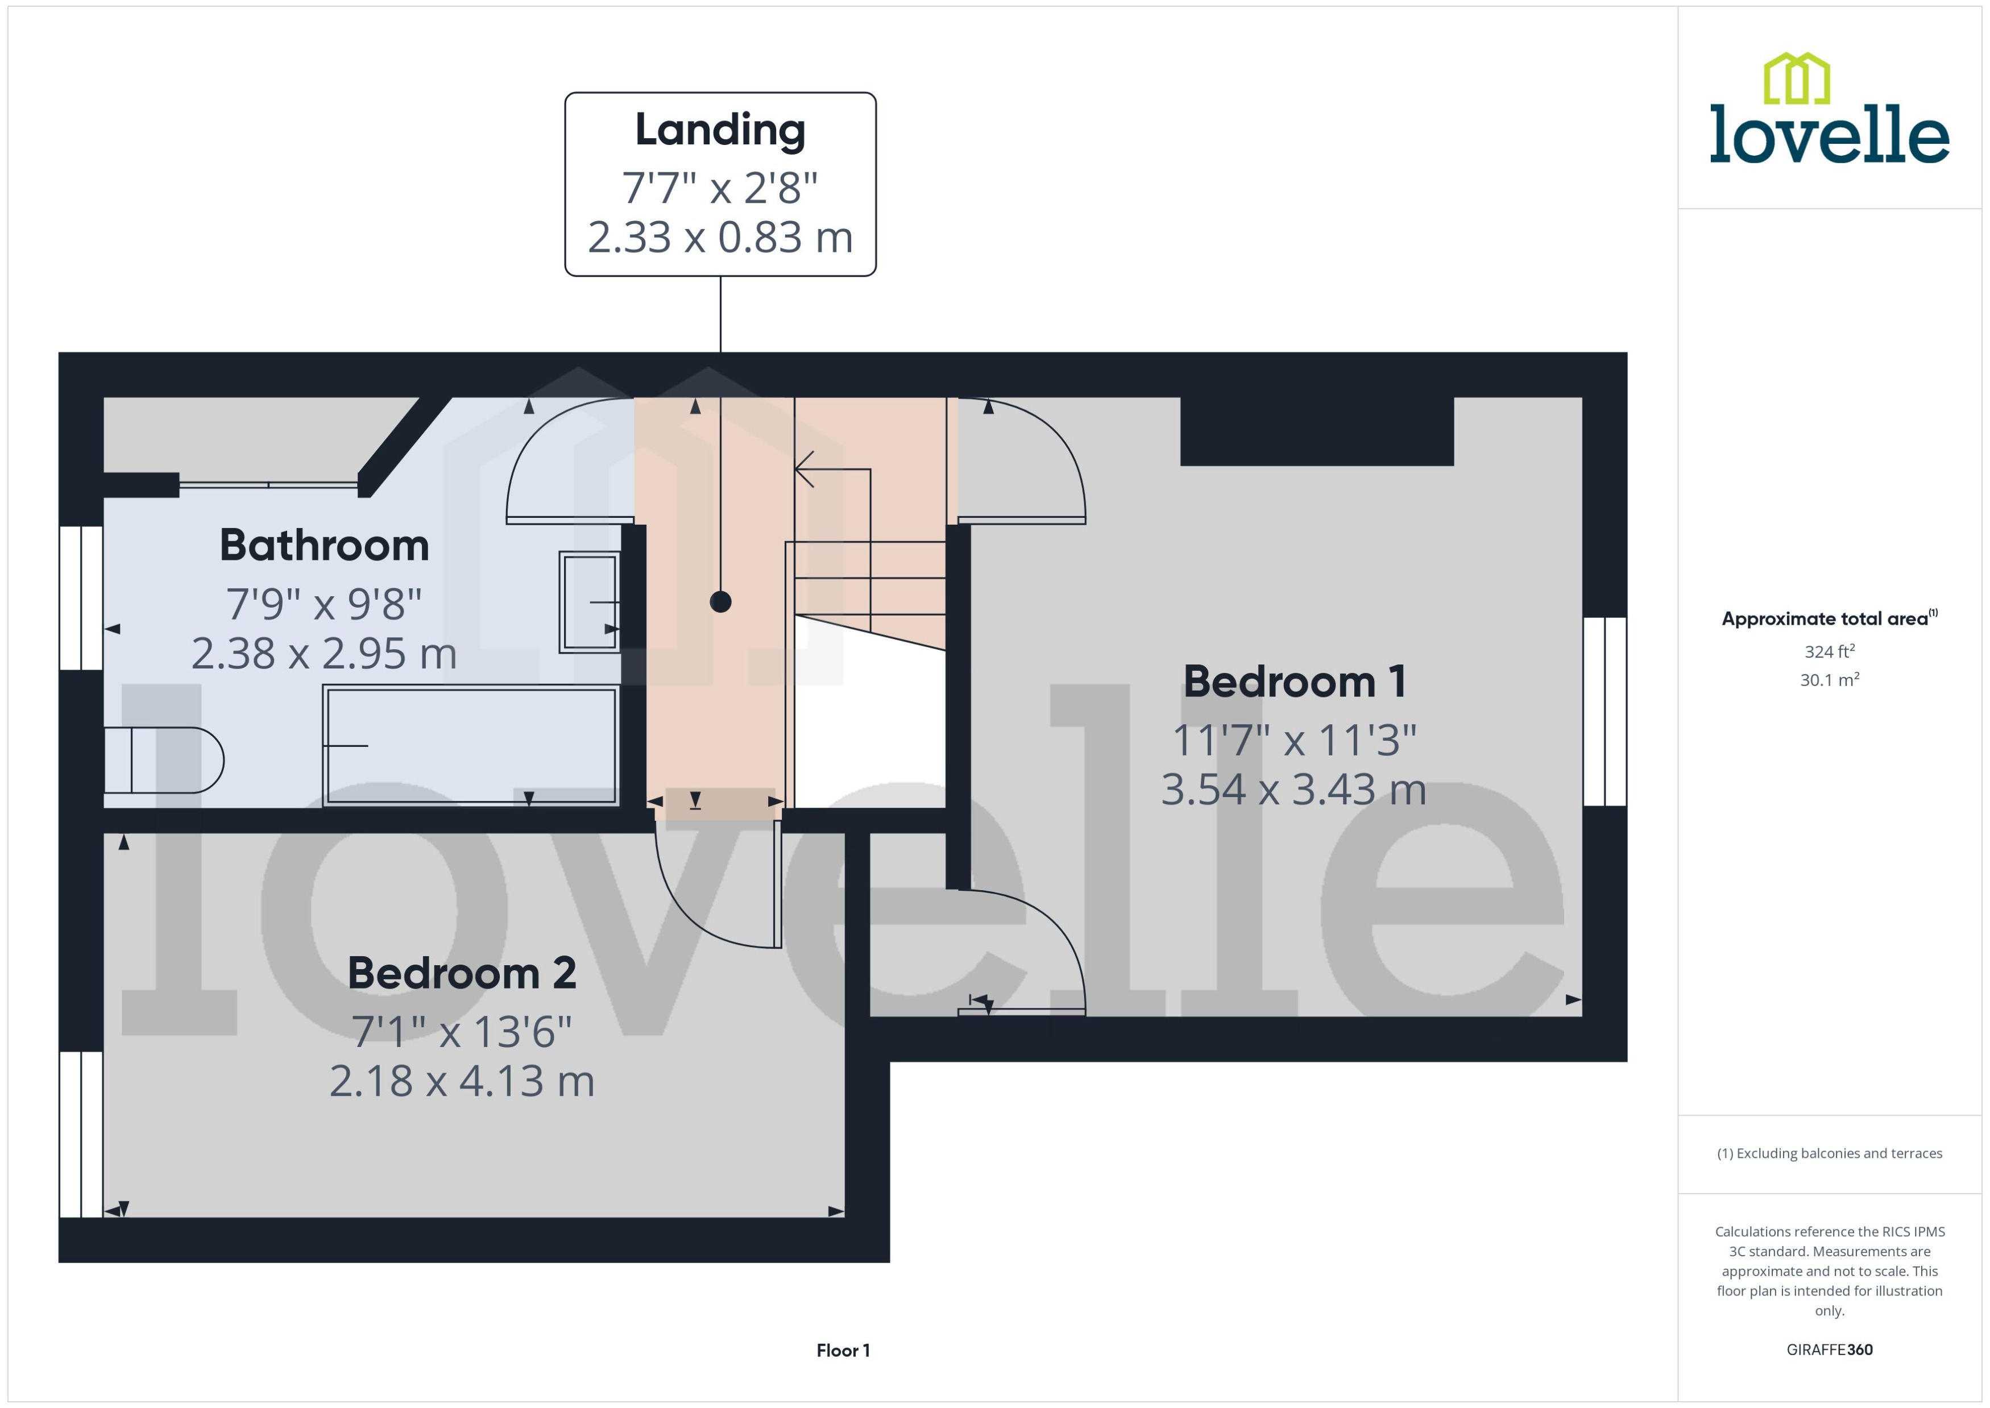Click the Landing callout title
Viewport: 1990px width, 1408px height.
(720, 130)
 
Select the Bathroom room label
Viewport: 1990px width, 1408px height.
(324, 545)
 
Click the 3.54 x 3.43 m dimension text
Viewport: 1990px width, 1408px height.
(1293, 790)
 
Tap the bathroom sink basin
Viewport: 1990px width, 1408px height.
(590, 602)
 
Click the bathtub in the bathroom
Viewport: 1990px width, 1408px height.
(470, 746)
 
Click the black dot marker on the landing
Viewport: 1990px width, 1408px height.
(720, 602)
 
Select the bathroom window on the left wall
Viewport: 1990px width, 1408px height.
(81, 597)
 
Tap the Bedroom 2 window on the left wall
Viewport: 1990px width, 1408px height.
(81, 1134)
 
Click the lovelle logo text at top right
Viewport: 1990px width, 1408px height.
(1830, 134)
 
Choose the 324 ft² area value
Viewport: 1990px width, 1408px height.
(1830, 651)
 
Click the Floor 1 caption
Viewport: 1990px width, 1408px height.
(843, 1350)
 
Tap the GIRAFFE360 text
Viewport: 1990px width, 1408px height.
(1830, 1349)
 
